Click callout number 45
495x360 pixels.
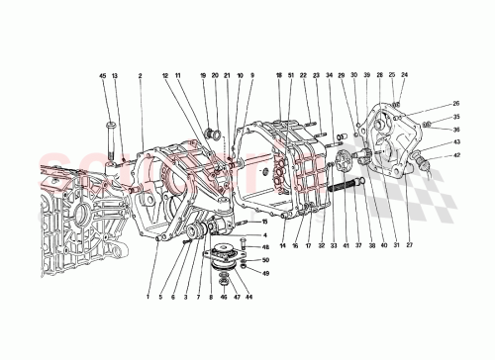pyautogui.click(x=101, y=75)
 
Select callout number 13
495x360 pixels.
pyautogui.click(x=114, y=75)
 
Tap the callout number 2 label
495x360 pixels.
pyautogui.click(x=142, y=75)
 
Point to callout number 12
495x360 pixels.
pyautogui.click(x=165, y=75)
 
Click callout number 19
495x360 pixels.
pyautogui.click(x=202, y=75)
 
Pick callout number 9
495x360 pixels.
pyautogui.click(x=251, y=75)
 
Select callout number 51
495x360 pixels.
pyautogui.click(x=291, y=75)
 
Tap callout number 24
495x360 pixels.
pyautogui.click(x=404, y=75)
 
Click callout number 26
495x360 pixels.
pyautogui.click(x=456, y=104)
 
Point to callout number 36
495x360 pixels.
pyautogui.click(x=456, y=129)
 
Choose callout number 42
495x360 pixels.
pyautogui.click(x=456, y=155)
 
